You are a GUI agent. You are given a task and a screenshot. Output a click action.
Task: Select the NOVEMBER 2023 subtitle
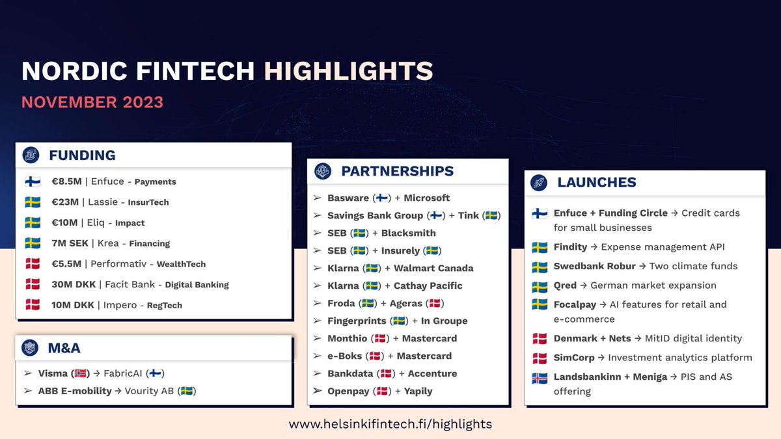92,103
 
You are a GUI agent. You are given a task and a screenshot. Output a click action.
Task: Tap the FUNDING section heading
82,155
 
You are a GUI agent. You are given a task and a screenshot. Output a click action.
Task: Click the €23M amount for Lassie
65,202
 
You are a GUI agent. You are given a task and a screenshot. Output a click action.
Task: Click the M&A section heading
64,348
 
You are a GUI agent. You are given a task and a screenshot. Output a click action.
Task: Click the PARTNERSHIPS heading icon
322,171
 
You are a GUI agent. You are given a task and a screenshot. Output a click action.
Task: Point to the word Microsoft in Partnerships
426,198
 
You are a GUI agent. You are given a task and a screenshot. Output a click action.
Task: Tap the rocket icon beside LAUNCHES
538,182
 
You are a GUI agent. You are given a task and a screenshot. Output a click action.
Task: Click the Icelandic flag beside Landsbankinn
539,377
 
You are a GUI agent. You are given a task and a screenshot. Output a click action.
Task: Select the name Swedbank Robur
594,266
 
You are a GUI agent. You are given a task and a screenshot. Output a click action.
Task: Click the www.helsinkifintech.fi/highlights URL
390,423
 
